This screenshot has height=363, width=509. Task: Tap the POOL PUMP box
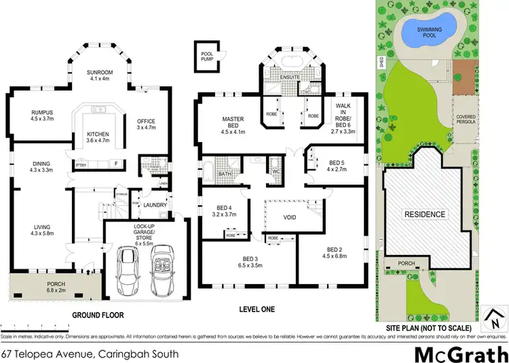[x=206, y=52]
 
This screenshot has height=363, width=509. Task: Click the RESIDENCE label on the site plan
[x=426, y=214]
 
